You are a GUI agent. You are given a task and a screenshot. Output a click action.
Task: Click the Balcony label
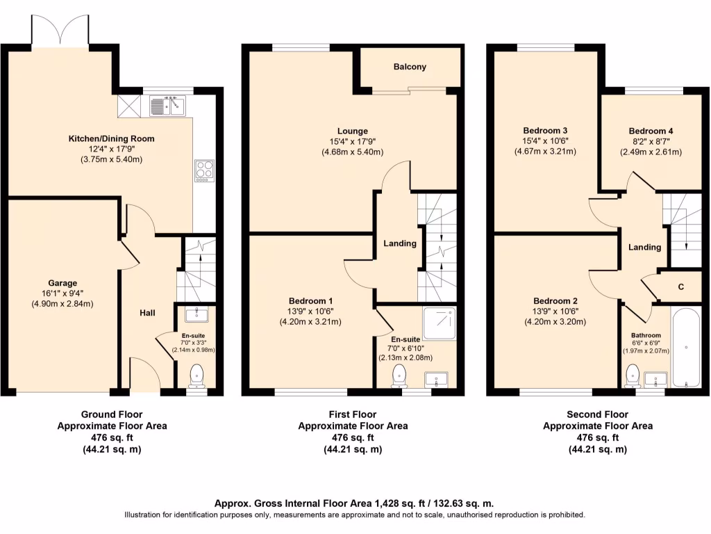[x=410, y=67]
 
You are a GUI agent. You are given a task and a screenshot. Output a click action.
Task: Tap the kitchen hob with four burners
[x=205, y=171]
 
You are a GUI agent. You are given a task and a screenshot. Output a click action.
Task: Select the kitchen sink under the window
[x=168, y=106]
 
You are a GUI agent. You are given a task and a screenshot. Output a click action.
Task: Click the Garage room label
[x=62, y=283]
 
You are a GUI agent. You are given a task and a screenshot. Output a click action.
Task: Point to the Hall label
[x=147, y=313]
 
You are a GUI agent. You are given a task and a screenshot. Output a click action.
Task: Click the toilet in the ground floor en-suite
[x=196, y=375]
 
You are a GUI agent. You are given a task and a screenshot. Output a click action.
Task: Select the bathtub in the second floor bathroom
[x=686, y=347]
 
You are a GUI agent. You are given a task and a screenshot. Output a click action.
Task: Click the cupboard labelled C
[x=680, y=286]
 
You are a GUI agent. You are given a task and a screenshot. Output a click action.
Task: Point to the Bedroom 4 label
[x=651, y=131]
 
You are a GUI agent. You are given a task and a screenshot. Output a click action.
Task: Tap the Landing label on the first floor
[x=400, y=243]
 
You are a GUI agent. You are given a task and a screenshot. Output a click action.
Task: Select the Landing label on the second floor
[x=644, y=248]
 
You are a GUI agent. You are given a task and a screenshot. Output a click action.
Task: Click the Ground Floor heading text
[x=111, y=414]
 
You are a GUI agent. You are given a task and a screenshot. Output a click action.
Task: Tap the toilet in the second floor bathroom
[x=633, y=375]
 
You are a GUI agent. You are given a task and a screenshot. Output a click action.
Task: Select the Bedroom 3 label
[x=545, y=131]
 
